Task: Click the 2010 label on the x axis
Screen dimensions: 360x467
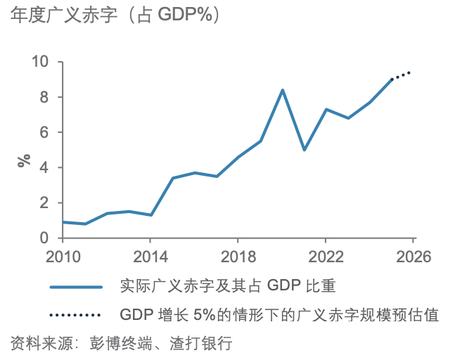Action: point(63,255)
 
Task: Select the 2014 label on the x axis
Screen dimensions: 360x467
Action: point(151,255)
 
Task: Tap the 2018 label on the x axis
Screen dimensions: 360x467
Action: point(238,255)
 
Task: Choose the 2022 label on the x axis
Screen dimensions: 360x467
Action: point(325,255)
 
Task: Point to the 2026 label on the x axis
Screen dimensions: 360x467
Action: point(412,255)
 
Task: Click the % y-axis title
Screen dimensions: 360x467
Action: point(25,160)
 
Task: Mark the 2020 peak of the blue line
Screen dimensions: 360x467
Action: point(282,90)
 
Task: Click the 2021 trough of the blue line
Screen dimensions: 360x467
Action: point(304,150)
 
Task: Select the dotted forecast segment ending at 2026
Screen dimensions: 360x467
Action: point(402,75)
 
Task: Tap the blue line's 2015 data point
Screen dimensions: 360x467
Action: point(172,178)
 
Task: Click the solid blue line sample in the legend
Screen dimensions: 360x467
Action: point(77,286)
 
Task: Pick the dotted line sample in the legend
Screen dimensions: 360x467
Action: point(77,314)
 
